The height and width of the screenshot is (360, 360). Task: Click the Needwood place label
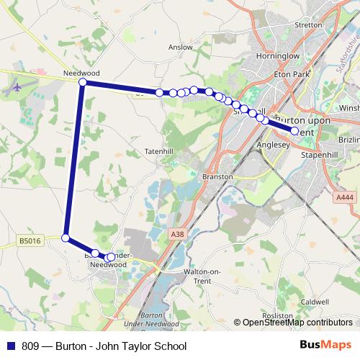[80, 73]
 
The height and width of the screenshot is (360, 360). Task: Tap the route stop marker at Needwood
[83, 83]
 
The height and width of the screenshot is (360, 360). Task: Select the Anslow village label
[180, 48]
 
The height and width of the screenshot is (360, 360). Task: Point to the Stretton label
[309, 25]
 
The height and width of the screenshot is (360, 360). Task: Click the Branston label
[217, 176]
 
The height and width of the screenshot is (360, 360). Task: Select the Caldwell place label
[315, 302]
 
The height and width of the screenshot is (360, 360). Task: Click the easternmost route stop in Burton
[294, 131]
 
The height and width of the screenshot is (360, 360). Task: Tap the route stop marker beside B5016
[66, 238]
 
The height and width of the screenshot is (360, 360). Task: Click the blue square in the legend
[9, 346]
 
